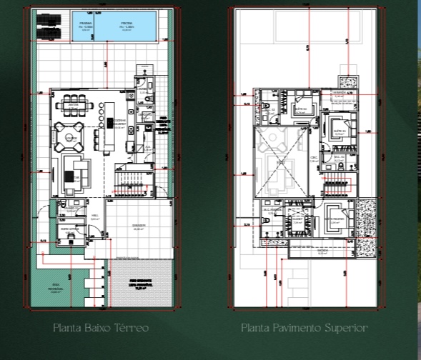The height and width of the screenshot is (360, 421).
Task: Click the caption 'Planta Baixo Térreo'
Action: (x=100, y=328)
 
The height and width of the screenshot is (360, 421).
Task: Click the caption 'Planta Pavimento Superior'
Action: (x=304, y=328)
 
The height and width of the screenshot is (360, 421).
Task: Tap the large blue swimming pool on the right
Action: (x=127, y=29)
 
